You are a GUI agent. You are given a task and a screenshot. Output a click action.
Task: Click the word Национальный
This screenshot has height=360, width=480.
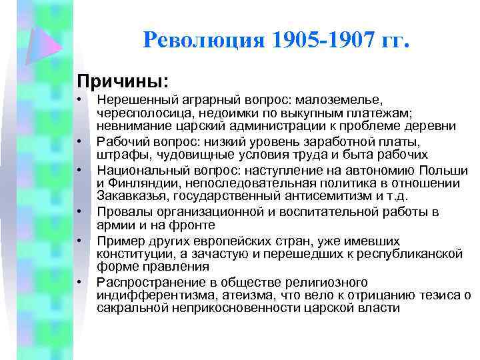point(134,171)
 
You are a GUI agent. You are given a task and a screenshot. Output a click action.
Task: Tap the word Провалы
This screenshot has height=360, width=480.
point(119,212)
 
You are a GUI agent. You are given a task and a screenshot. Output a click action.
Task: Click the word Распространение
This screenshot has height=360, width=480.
point(143,283)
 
